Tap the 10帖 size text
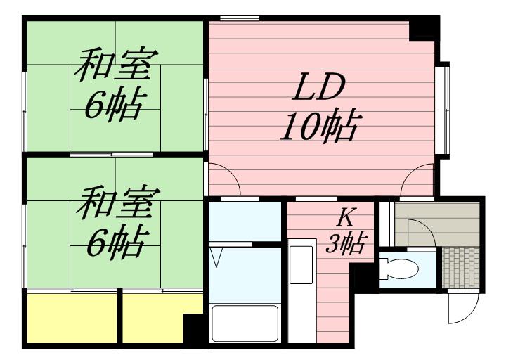click(319, 127)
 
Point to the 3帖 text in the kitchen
click(346, 243)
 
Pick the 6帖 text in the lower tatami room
click(112, 242)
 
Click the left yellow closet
click(71, 317)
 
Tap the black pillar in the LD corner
click(423, 30)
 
